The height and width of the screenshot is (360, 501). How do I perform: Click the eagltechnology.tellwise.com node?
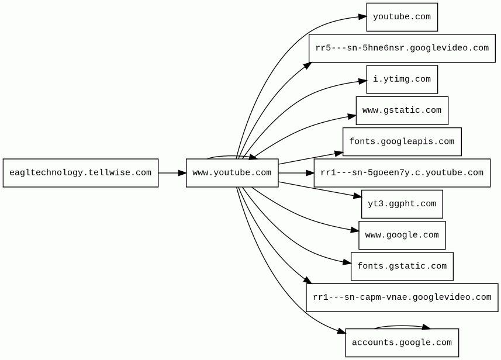(80, 173)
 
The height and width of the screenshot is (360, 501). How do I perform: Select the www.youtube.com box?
(232, 173)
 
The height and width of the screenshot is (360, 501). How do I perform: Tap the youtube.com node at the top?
(402, 17)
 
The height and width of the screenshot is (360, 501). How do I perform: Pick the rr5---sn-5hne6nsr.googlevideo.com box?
(402, 48)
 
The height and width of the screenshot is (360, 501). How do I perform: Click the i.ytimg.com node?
(402, 79)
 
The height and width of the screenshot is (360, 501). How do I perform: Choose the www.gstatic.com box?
(402, 110)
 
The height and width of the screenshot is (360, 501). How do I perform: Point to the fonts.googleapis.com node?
(402, 141)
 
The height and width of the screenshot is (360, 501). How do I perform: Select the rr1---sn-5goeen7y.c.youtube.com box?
(402, 173)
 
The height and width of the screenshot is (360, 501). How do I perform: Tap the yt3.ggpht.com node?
(402, 204)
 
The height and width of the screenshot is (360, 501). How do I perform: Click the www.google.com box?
(402, 235)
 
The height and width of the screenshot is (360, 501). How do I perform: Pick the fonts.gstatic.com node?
(402, 266)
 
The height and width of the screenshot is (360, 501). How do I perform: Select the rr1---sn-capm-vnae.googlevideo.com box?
(402, 297)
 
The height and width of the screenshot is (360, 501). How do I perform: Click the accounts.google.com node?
(402, 342)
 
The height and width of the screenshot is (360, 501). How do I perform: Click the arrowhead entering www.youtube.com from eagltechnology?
(182, 173)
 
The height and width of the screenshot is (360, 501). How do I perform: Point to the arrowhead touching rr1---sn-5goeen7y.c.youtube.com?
(309, 173)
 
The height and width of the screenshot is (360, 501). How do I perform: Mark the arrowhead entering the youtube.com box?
(362, 18)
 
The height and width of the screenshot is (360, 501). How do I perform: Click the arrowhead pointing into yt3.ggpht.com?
(357, 196)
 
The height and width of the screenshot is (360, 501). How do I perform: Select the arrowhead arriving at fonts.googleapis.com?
(338, 154)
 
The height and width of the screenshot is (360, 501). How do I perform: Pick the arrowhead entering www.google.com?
(354, 231)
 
